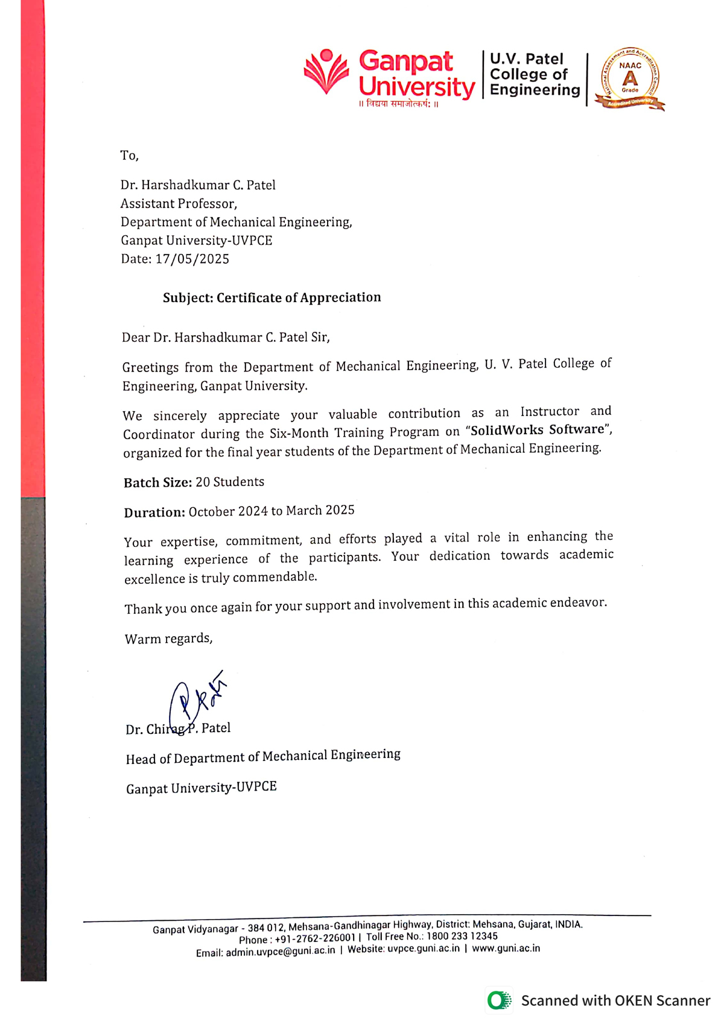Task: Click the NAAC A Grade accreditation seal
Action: [x=629, y=79]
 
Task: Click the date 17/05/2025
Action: [x=192, y=259]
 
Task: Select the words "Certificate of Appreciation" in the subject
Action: [x=299, y=297]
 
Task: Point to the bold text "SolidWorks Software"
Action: [x=537, y=430]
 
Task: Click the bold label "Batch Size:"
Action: [x=157, y=482]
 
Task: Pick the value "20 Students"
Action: [x=230, y=482]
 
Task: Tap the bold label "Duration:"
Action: [x=154, y=513]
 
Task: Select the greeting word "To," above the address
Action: [x=129, y=156]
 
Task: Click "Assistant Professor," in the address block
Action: [x=179, y=204]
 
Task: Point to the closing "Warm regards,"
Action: [x=168, y=639]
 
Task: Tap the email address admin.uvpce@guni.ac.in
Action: [x=280, y=952]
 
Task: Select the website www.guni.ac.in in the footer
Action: [x=506, y=948]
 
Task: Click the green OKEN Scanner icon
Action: [x=498, y=1001]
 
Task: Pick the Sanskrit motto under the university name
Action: [x=399, y=104]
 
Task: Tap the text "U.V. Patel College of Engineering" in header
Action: [x=535, y=75]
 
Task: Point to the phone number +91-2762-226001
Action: [x=315, y=938]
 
